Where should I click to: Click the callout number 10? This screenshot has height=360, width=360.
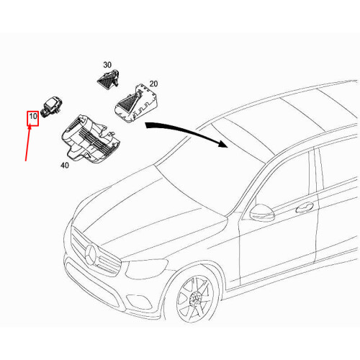pos(32,116)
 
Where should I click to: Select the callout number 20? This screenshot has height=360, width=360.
pos(154,83)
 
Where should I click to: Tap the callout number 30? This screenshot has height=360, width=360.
pos(107,65)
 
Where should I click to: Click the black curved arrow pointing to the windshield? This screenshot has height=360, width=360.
pos(187,131)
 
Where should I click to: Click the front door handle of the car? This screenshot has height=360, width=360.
pos(305,207)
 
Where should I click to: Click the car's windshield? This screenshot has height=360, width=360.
pos(209,173)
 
